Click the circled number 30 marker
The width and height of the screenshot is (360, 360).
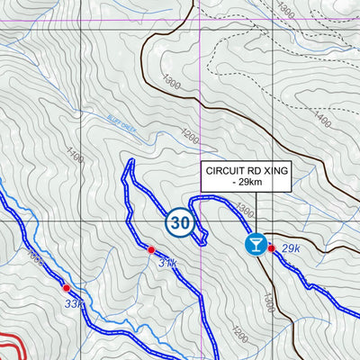[x=180, y=223]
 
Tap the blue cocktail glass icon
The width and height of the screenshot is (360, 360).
[x=256, y=245]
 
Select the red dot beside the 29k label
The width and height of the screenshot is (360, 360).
[x=271, y=248]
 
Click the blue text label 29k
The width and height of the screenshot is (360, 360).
[x=290, y=247]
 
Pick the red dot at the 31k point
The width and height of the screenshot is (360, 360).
[x=151, y=249]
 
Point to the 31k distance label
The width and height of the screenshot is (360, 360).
[x=167, y=264]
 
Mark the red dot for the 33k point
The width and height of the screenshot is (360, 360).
[x=66, y=288]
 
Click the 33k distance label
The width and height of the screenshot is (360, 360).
[x=74, y=304]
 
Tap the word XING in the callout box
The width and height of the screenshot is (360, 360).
[x=275, y=170]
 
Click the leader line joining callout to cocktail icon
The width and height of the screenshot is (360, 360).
[x=256, y=212]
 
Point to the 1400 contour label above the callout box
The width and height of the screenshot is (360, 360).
[x=320, y=118]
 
